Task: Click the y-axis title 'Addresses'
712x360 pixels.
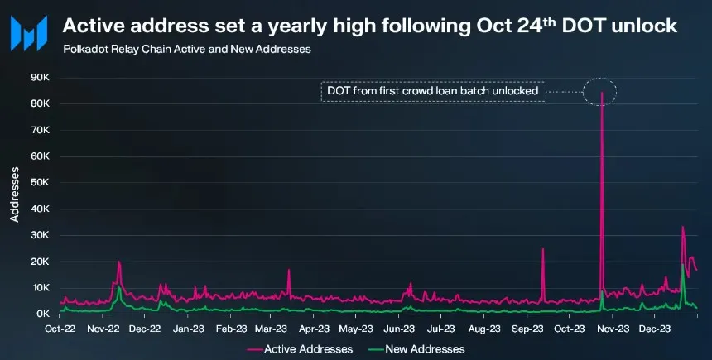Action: coord(15,195)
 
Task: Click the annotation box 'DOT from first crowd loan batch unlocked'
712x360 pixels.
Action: coord(434,90)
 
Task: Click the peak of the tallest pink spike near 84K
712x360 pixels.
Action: coord(601,93)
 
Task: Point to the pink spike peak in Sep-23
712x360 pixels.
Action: coord(543,248)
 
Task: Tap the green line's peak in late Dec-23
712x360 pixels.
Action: coord(682,264)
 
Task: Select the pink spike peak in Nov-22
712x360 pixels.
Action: coord(119,262)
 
